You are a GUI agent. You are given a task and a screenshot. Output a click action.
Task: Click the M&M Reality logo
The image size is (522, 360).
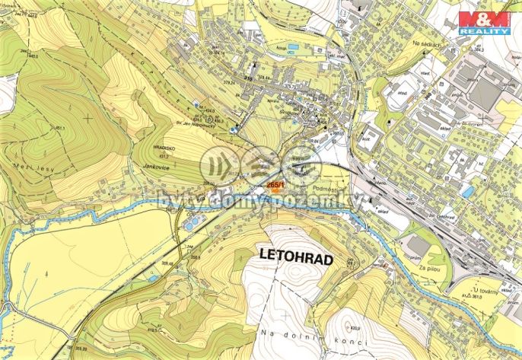[x=485, y=23]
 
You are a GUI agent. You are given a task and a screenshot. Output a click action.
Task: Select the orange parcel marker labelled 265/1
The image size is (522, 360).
[x=275, y=185]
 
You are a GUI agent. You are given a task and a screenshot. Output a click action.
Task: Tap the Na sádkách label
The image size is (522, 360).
[x=427, y=44]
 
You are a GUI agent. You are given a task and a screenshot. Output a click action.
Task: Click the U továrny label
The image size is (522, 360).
[x=484, y=290]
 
